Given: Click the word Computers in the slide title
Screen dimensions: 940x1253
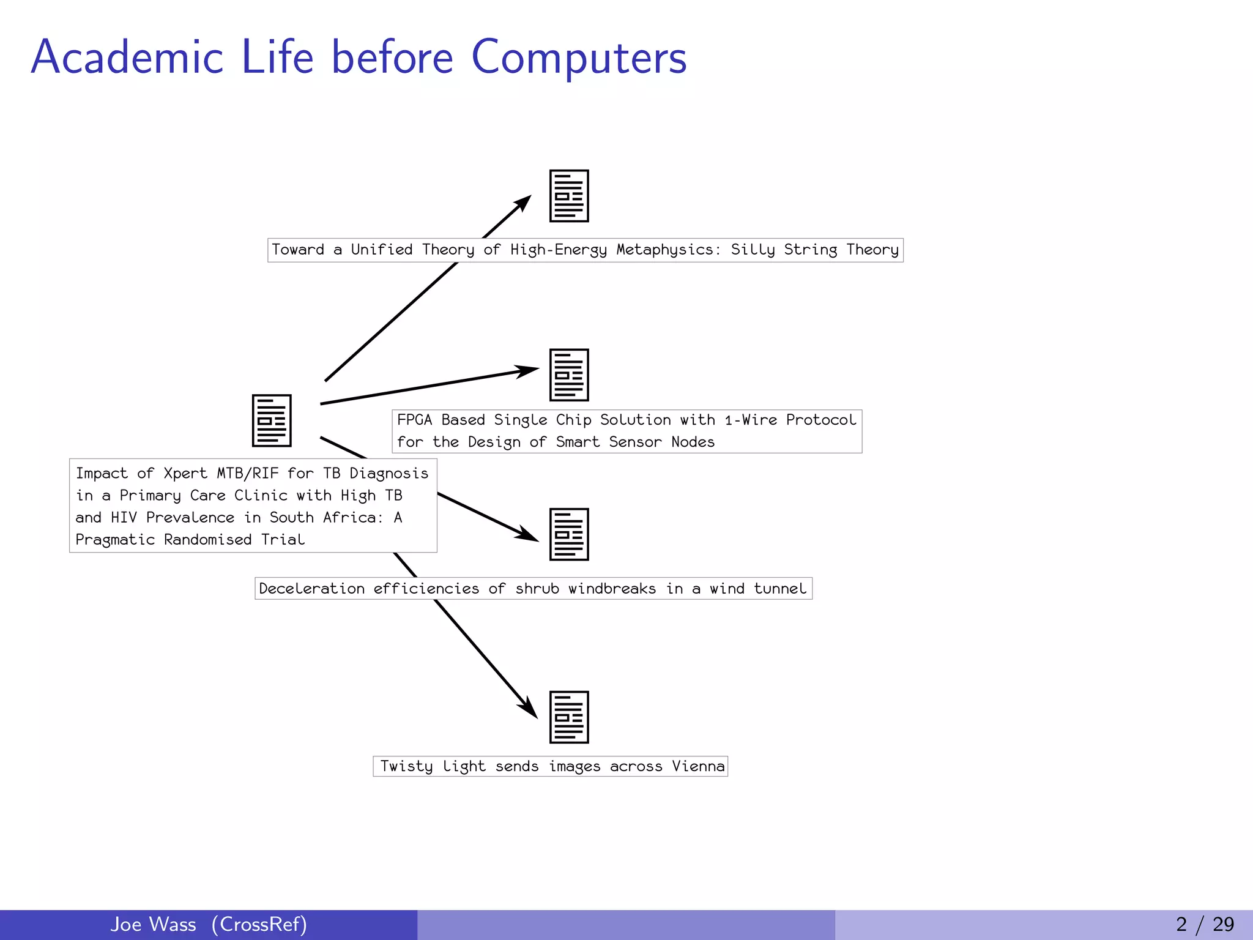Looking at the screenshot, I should point(579,58).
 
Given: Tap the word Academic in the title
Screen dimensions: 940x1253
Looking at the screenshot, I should point(127,58).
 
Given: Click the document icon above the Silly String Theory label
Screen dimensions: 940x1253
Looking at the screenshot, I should point(569,196).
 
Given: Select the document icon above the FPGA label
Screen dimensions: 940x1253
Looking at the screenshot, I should point(569,375).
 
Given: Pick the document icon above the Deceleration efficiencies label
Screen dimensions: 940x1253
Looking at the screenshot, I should point(569,534).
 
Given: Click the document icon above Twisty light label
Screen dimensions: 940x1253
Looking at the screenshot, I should point(569,717).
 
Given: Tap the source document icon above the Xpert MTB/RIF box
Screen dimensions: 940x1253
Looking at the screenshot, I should point(272,420).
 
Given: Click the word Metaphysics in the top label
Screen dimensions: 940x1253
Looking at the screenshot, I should point(664,250).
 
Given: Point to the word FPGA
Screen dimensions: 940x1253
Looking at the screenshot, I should point(414,420).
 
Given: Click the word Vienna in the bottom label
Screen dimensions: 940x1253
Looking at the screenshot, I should point(697,766).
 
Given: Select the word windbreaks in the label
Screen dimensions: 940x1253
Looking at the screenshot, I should point(611,589).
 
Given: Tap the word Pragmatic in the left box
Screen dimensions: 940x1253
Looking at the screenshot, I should point(115,540).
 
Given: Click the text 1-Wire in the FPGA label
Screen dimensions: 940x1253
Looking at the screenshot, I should point(751,420).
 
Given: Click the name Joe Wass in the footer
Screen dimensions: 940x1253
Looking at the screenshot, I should point(153,924).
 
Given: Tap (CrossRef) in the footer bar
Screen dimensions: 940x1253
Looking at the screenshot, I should point(259,924).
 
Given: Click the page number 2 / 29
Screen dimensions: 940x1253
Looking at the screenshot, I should point(1204,924).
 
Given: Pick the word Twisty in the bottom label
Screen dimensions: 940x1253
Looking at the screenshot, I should point(406,766).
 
